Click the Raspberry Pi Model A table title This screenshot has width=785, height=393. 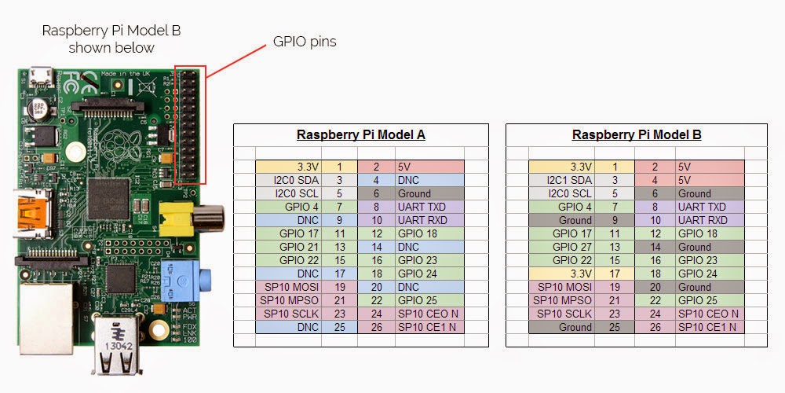pyautogui.click(x=360, y=134)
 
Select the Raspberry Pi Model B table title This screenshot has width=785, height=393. pyautogui.click(x=636, y=134)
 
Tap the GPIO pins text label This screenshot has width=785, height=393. pyautogui.click(x=304, y=41)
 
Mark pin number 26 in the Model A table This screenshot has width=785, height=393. pyautogui.click(x=376, y=327)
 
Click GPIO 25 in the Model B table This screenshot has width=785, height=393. pyautogui.click(x=702, y=300)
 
